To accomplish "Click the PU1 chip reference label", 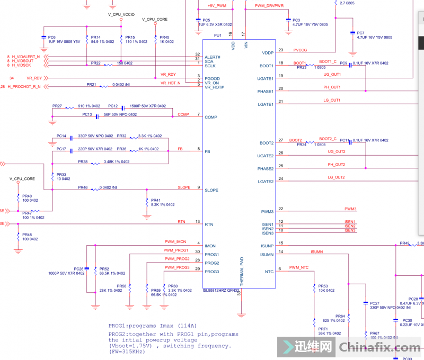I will pyautogui.click(x=217, y=35).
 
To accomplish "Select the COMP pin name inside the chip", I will pyautogui.click(x=211, y=117).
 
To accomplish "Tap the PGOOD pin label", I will pyautogui.click(x=213, y=78).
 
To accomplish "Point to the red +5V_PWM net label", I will pyautogui.click(x=216, y=6).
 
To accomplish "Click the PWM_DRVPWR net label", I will pyautogui.click(x=269, y=6).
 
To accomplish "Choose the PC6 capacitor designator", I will pyautogui.click(x=52, y=37).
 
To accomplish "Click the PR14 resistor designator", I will pyautogui.click(x=96, y=37).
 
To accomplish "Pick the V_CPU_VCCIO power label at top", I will pyautogui.click(x=121, y=14).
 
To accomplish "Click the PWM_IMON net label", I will pyautogui.click(x=175, y=241).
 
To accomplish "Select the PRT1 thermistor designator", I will pyautogui.click(x=323, y=328).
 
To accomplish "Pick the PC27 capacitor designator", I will pyautogui.click(x=375, y=303).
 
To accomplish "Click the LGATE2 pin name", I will pyautogui.click(x=266, y=182).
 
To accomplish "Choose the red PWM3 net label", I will pyautogui.click(x=350, y=209).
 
